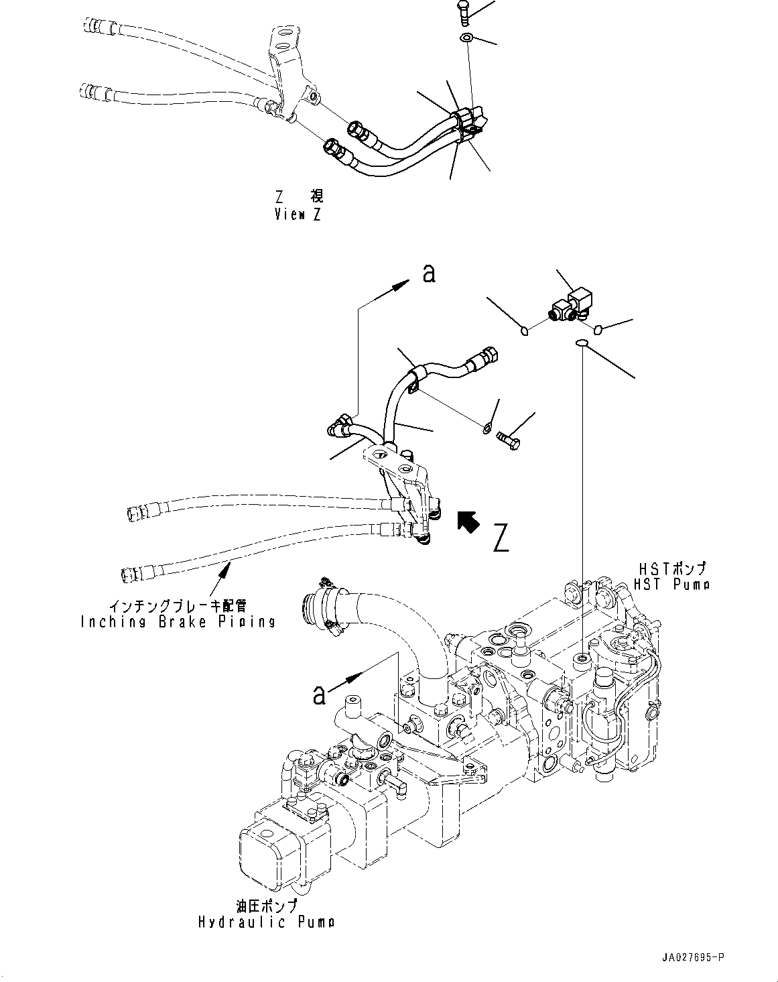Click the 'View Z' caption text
pos(298,214)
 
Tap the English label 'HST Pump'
pos(671,584)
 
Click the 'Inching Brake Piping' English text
pos(178,621)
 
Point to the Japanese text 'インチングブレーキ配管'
pos(178,607)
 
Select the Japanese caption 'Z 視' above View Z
pos(298,196)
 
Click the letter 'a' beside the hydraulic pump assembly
pos(320,694)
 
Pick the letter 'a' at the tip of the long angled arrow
pos(428,273)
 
